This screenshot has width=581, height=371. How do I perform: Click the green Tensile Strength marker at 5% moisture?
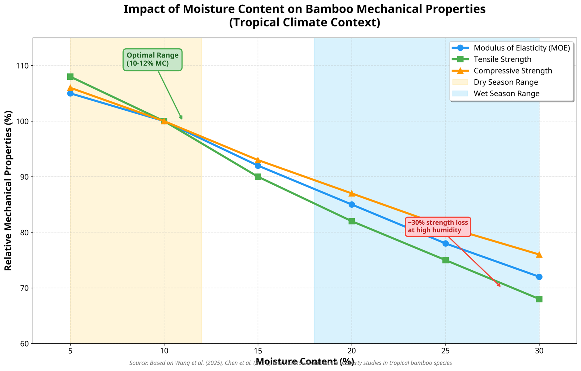(x=70, y=77)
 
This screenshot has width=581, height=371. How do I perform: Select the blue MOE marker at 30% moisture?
(x=539, y=277)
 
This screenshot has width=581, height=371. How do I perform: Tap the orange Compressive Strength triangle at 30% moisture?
(x=539, y=254)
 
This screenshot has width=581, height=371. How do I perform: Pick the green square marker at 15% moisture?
(x=258, y=177)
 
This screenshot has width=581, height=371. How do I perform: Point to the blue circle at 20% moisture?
(x=352, y=205)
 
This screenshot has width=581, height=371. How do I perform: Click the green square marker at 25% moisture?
(x=446, y=260)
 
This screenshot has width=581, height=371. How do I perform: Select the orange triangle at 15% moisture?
(x=258, y=160)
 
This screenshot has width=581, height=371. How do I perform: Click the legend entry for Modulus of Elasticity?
(x=522, y=48)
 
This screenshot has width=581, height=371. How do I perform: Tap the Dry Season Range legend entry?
(x=506, y=82)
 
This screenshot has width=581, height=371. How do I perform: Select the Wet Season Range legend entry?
(x=506, y=94)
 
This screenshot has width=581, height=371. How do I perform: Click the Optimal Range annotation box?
(x=152, y=60)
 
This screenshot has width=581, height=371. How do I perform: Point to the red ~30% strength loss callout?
(x=438, y=227)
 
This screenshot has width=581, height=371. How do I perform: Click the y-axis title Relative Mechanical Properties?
(x=8, y=190)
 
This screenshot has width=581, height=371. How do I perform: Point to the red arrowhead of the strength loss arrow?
(x=500, y=286)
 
